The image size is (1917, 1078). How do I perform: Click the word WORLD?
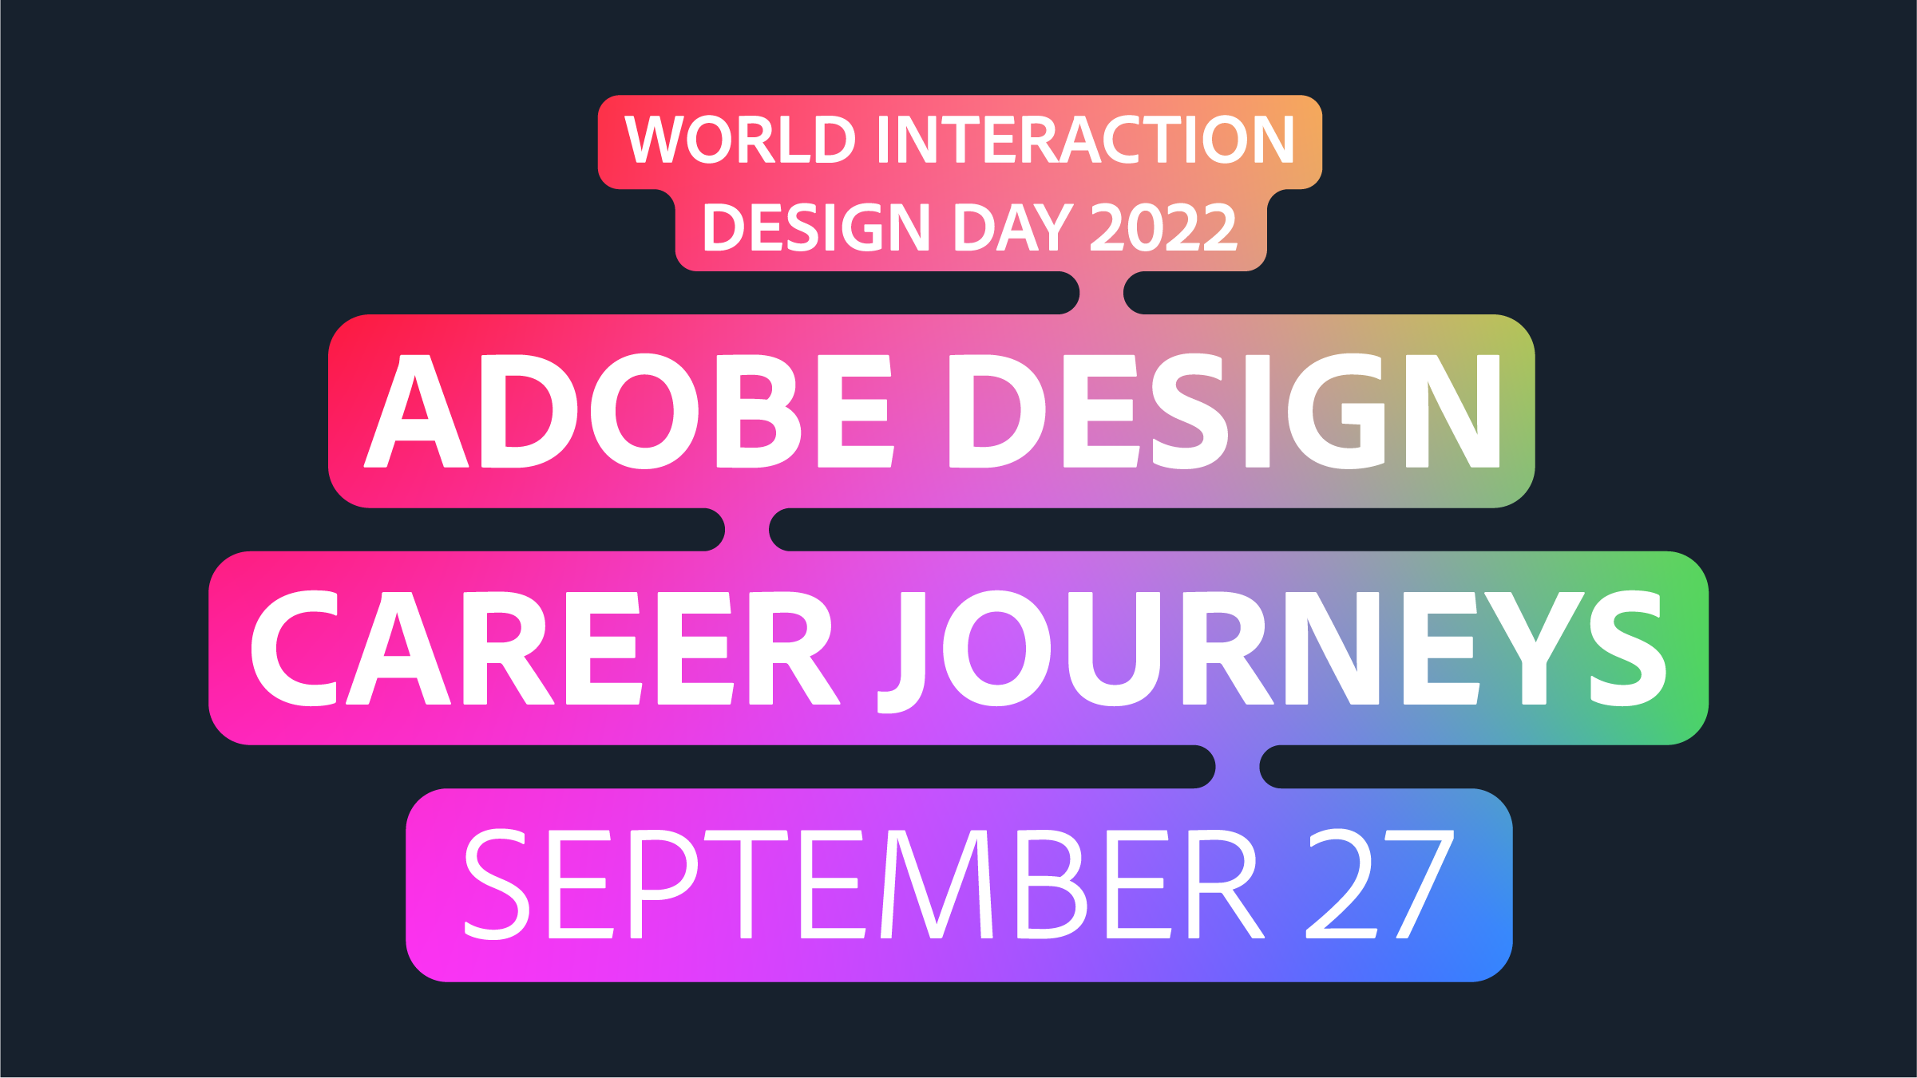[740, 139]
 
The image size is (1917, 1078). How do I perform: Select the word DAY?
[1012, 227]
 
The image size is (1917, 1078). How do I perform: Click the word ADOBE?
[628, 411]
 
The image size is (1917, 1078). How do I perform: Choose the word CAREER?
[546, 648]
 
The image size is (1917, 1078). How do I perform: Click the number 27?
[1380, 883]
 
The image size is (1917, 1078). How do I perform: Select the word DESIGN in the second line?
[816, 227]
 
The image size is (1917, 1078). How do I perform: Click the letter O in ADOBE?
[644, 411]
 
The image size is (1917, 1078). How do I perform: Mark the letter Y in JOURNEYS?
[1534, 648]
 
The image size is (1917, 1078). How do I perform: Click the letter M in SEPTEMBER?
[937, 883]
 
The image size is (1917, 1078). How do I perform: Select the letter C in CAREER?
[294, 648]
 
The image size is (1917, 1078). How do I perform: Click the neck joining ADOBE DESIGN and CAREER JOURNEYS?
[747, 529]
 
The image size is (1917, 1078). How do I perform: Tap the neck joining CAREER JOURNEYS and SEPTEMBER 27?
[1238, 767]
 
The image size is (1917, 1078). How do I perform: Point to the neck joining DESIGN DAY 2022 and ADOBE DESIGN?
[1102, 293]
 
